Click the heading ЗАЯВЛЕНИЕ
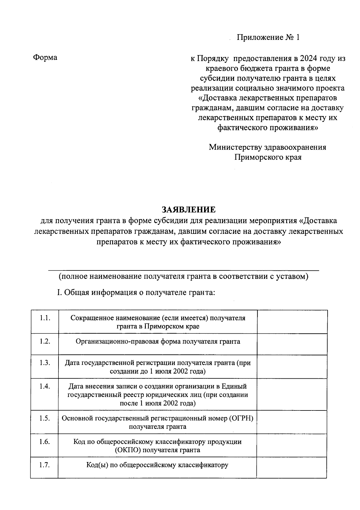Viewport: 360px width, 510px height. click(x=189, y=209)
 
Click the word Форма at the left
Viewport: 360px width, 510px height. click(x=45, y=57)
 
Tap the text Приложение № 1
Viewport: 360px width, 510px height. click(x=268, y=37)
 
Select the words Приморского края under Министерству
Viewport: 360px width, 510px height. click(x=268, y=157)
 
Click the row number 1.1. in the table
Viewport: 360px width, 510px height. click(x=45, y=318)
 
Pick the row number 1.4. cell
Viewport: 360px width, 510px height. click(x=45, y=386)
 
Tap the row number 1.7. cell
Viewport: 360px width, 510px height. click(x=45, y=465)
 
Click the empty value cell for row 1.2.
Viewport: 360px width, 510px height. click(x=292, y=344)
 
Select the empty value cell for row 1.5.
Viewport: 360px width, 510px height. click(x=292, y=422)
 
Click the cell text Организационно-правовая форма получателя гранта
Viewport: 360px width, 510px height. click(x=158, y=341)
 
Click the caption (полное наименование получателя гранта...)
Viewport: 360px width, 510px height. click(x=184, y=276)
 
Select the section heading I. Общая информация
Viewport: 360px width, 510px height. click(x=136, y=292)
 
